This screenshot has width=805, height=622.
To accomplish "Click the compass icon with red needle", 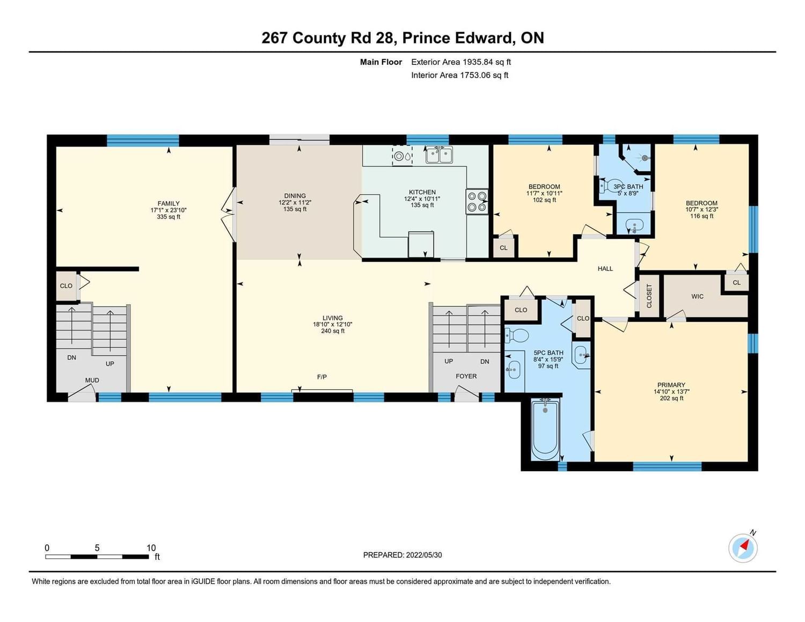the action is point(742,548).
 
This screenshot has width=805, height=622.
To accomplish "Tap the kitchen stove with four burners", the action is point(477,202).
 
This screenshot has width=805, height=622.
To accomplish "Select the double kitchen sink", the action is point(438,155).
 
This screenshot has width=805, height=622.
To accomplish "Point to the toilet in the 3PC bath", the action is point(607,186).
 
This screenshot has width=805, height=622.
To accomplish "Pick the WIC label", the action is point(697,296).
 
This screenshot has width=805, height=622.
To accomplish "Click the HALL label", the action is point(605,268).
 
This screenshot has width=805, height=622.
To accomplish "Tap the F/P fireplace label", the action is point(322,377).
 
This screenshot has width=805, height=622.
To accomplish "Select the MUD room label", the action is point(92,380).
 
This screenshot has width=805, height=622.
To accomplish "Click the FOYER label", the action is point(466,376).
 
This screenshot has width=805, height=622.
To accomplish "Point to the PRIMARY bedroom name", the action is point(671,385).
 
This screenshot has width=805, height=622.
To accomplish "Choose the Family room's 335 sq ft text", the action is point(169,217).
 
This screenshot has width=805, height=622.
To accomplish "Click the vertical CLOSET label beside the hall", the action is point(649,296).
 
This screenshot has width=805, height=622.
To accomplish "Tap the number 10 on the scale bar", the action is point(151,547).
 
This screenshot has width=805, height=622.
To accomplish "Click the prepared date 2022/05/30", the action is point(424,555).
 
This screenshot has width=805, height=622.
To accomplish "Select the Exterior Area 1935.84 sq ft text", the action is point(461,62).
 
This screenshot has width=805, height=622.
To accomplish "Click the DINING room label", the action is point(295,195).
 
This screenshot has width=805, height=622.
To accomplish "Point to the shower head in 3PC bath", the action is point(645,158).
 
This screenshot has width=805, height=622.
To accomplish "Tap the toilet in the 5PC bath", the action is point(516,335).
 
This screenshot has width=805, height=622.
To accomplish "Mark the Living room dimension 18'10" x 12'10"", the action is point(332,324).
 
